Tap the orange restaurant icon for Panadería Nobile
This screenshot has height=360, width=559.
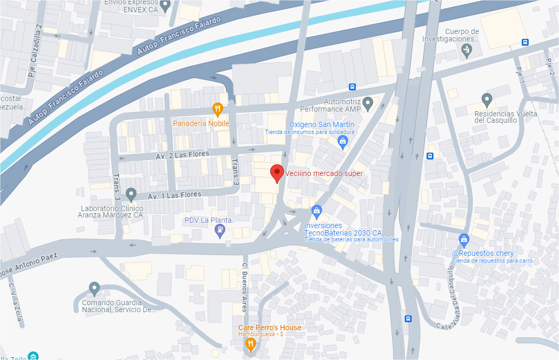click(x=217, y=109)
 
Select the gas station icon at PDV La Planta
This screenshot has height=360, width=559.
click(x=220, y=231)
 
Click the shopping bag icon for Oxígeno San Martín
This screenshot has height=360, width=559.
click(x=343, y=141)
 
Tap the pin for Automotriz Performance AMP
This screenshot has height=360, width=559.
click(x=368, y=103)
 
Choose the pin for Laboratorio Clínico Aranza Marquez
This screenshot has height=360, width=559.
click(x=131, y=194)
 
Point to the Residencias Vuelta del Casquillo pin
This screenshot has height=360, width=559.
click(x=486, y=99)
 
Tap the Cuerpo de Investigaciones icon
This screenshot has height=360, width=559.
click(x=466, y=50)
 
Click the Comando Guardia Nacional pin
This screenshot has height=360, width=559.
click(x=95, y=289)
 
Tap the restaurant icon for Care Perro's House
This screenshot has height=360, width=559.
click(x=251, y=345)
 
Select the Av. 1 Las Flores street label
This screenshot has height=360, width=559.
click(x=174, y=195)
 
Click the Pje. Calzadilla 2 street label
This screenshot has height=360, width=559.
click(x=36, y=49)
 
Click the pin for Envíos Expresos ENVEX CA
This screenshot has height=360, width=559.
click(x=165, y=6)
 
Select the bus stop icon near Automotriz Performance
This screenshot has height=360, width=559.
click(x=352, y=87)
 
